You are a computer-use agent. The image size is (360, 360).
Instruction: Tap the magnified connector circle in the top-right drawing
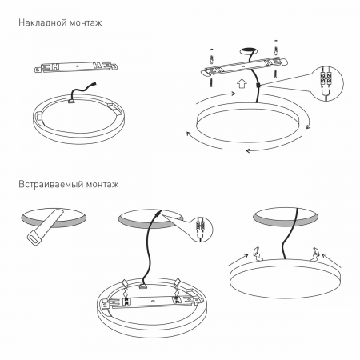pyautogui.click(x=326, y=83)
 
